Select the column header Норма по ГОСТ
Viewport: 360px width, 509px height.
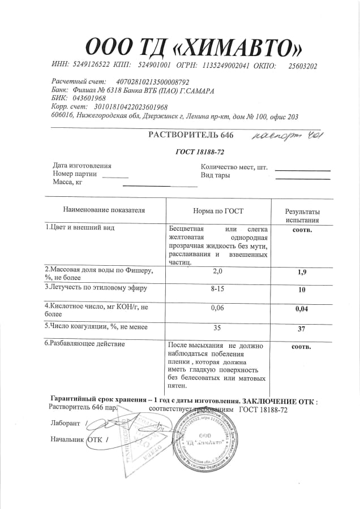(218, 210)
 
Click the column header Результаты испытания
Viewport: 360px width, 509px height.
(302, 215)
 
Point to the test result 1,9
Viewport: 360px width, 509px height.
(302, 273)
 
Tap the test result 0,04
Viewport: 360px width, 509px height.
(302, 310)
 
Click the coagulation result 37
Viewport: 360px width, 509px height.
(302, 329)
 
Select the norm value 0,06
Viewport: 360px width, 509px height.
(218, 308)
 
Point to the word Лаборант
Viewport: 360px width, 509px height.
(65, 422)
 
